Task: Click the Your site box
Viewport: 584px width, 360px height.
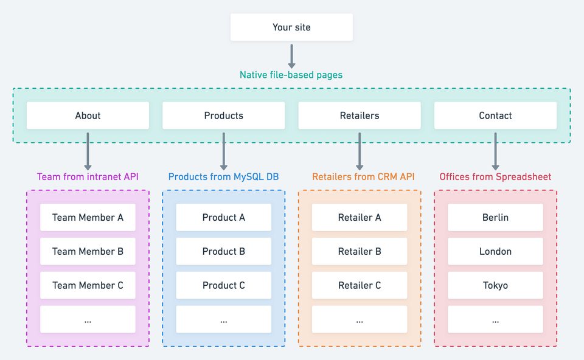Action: point(291,27)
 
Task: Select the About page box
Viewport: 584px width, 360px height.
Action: point(88,116)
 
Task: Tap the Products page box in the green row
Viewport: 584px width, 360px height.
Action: point(223,116)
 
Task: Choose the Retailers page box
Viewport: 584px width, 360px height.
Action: point(360,116)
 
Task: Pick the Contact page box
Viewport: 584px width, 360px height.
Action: point(495,116)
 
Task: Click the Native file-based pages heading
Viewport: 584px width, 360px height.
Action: point(291,75)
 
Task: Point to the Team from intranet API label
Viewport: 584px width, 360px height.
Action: point(88,176)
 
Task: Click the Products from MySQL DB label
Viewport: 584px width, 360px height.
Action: point(223,176)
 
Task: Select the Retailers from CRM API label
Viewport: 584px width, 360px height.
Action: point(363,176)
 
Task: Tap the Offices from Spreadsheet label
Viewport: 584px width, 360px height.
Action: point(495,176)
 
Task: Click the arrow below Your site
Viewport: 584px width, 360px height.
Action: point(291,57)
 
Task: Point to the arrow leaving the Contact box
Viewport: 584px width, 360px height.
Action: point(495,151)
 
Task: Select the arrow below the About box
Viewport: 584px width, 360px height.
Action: point(88,151)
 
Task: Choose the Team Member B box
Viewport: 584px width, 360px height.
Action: point(88,251)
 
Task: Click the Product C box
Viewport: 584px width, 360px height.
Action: point(223,285)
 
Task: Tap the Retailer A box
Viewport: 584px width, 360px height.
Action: point(360,218)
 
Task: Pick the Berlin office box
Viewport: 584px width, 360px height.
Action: point(495,218)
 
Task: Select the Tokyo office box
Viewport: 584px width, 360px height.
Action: point(495,285)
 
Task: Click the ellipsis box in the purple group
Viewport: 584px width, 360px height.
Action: point(88,319)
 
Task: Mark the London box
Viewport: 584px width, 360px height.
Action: point(495,251)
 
